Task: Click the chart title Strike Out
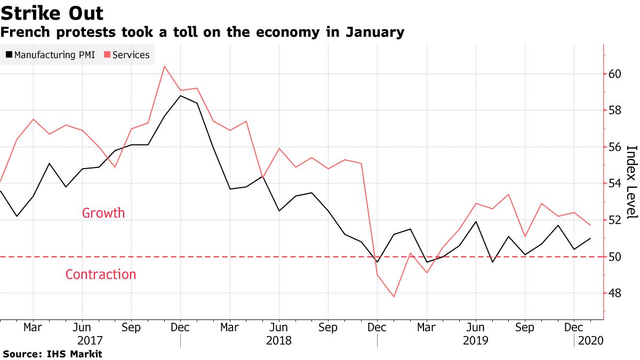52,13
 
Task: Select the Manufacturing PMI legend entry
50,54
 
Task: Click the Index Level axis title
631,182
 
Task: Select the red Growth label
103,213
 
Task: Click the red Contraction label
101,275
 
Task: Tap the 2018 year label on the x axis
279,340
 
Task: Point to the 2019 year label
475,340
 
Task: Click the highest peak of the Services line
164,66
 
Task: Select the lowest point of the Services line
394,297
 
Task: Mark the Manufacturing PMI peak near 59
180,95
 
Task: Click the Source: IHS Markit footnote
52,354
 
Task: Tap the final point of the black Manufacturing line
590,238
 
